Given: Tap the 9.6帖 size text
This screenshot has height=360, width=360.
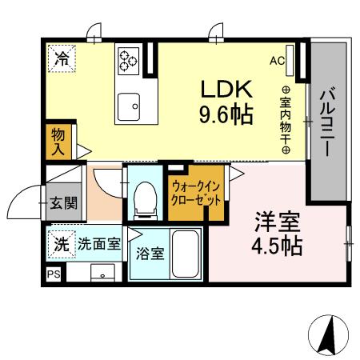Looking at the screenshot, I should pyautogui.click(x=226, y=114).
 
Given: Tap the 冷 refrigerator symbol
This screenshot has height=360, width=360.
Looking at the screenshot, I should pyautogui.click(x=62, y=58).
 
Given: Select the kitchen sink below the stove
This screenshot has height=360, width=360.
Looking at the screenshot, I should pyautogui.click(x=128, y=103).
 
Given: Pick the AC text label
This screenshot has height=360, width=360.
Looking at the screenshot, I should pyautogui.click(x=277, y=61).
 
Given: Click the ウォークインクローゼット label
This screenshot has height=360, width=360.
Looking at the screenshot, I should pyautogui.click(x=195, y=194).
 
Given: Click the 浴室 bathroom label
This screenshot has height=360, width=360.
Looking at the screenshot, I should pyautogui.click(x=150, y=255).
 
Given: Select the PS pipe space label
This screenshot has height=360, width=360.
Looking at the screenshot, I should pyautogui.click(x=54, y=274).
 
